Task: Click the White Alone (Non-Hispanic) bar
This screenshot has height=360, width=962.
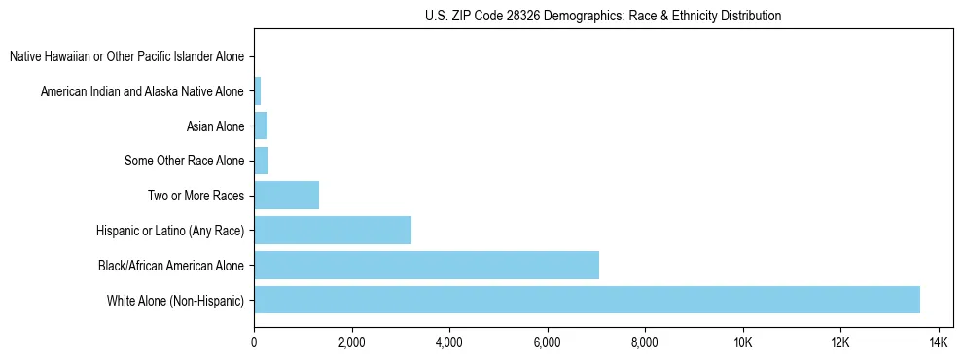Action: pos(587,300)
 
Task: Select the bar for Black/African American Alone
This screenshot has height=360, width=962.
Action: pos(426,265)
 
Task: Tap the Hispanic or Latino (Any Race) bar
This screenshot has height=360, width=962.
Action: pos(333,230)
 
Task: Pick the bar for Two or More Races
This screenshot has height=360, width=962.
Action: pos(286,195)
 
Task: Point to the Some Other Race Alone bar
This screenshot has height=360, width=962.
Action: pos(261,161)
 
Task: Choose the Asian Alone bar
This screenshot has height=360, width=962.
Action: pos(260,126)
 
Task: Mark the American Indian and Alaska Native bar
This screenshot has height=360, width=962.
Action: pos(257,91)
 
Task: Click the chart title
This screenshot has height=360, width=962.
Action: pos(603,16)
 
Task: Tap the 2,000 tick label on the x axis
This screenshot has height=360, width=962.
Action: pos(351,342)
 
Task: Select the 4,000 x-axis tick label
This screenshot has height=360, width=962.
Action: pos(449,342)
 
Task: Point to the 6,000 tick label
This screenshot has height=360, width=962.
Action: pos(548,342)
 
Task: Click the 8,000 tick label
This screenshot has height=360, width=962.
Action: pos(645,342)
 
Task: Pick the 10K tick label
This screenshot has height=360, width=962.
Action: pos(743,342)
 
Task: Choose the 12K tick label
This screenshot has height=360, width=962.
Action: pos(840,342)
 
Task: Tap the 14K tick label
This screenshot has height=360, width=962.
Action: pos(939,342)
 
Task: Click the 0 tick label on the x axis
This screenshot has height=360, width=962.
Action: pos(254,342)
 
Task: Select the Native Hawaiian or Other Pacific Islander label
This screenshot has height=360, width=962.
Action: pos(126,56)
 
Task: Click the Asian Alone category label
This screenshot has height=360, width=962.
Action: pos(215,126)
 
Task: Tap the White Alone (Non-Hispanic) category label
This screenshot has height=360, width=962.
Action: pos(176,300)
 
